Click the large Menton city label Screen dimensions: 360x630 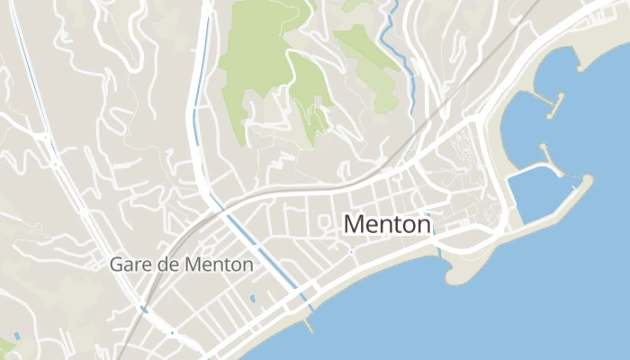tap(388, 224)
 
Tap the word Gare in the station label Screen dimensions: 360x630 tap(127, 265)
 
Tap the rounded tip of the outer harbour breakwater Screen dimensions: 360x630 tap(587, 183)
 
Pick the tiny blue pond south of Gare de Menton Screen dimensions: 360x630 tap(252, 298)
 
